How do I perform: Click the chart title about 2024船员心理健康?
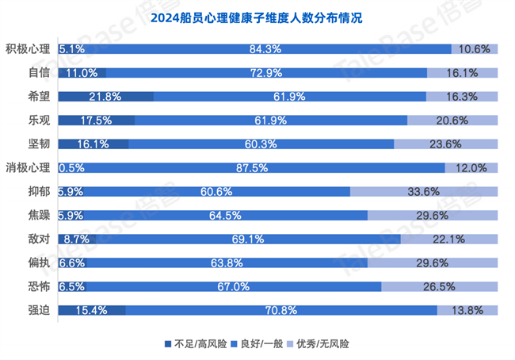click(257, 17)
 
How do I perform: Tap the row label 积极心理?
click(28, 48)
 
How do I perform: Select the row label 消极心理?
click(28, 167)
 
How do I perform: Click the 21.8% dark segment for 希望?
click(105, 96)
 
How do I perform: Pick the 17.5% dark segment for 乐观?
click(96, 120)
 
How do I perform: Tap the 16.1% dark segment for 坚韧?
click(93, 144)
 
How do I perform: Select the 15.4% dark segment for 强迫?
click(91, 310)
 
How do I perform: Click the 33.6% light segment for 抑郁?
click(424, 191)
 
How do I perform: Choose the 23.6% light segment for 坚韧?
click(445, 144)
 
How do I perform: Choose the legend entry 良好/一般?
click(263, 344)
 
